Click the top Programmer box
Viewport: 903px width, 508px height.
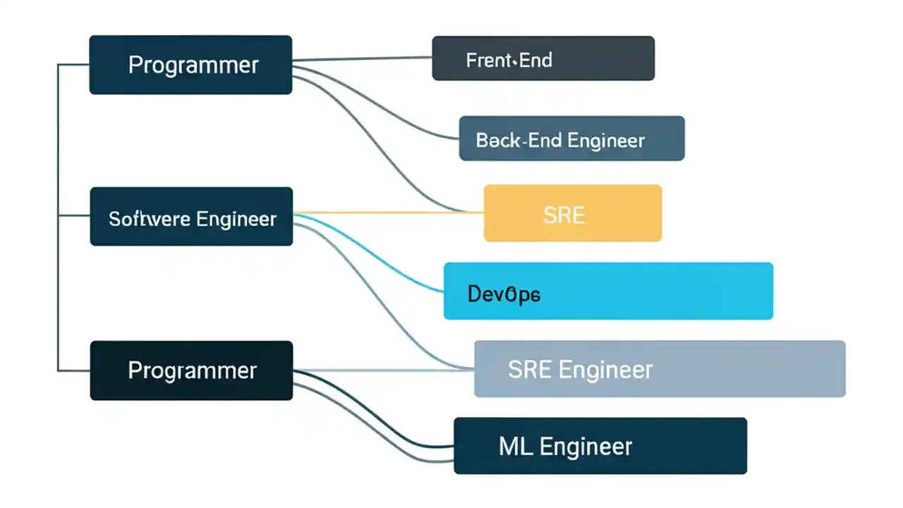tap(190, 65)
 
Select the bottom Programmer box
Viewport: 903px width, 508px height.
tap(191, 370)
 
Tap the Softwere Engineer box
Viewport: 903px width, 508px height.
tap(191, 217)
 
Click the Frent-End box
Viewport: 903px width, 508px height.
tap(543, 58)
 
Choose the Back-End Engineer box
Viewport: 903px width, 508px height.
tap(571, 138)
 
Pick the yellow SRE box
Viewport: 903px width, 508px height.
tap(572, 213)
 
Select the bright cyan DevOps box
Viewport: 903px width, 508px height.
tap(608, 291)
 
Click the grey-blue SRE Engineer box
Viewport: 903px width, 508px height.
tap(660, 369)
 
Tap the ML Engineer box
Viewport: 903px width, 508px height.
tap(600, 446)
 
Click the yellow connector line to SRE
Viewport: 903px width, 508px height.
tap(388, 212)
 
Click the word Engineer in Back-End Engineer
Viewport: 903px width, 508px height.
tap(606, 140)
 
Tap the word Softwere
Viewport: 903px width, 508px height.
tap(149, 219)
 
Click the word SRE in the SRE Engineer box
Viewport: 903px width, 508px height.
tap(529, 369)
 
